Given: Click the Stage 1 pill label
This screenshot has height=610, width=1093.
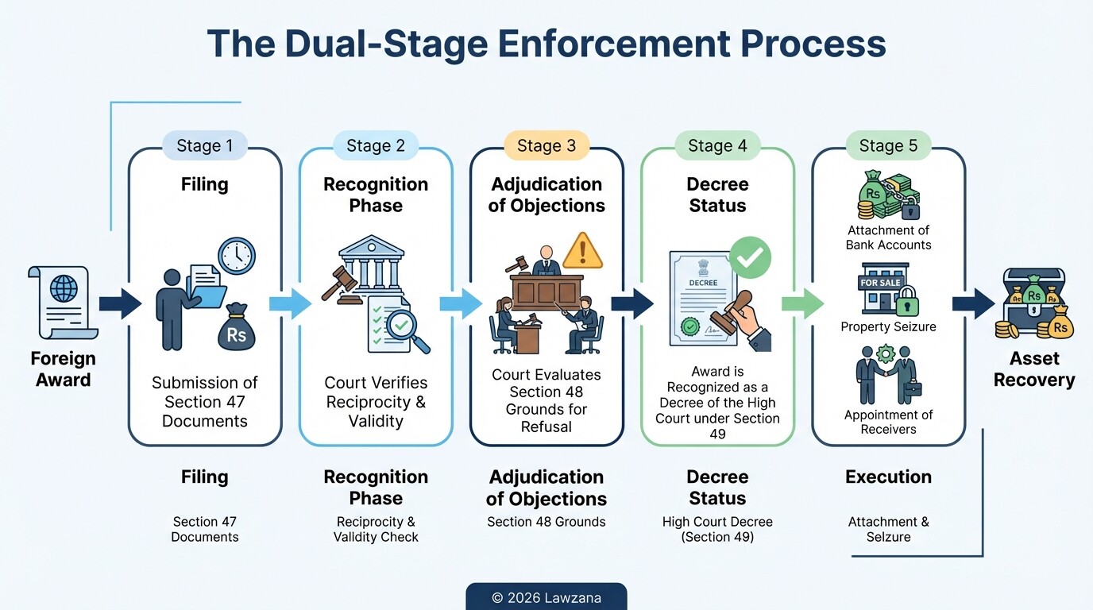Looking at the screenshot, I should (x=204, y=146).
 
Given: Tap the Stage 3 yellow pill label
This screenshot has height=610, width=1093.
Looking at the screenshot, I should (x=546, y=146).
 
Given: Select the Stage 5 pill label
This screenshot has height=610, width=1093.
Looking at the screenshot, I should (x=888, y=146).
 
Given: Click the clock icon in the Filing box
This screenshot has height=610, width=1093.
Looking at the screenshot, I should (x=237, y=257).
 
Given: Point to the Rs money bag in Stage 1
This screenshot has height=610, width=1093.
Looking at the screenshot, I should (x=237, y=327).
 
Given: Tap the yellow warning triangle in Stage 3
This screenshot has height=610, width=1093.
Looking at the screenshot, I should (x=582, y=252).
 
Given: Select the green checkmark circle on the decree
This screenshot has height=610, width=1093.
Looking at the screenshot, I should (x=750, y=257).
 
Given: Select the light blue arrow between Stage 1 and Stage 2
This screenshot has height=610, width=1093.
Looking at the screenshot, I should (x=290, y=303).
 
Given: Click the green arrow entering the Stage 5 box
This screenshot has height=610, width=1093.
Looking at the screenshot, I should (x=803, y=303).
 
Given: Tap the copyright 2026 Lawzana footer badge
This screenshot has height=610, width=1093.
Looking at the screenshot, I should (x=546, y=597).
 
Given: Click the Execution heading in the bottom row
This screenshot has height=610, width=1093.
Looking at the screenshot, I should (x=888, y=477).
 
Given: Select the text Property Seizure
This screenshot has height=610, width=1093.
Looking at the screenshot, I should (x=888, y=326).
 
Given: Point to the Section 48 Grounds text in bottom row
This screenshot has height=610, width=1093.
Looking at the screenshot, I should (x=546, y=522).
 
